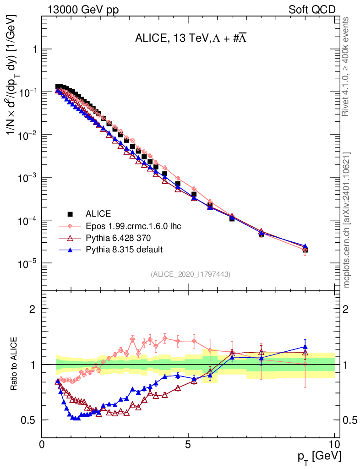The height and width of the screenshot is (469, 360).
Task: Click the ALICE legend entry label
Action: [98, 213]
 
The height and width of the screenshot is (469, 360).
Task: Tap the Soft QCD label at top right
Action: [312, 10]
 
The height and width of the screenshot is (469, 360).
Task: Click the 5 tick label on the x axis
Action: [188, 444]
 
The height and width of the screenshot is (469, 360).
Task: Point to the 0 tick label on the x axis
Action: [42, 444]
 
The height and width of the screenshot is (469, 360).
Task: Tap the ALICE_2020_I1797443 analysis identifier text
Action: [190, 274]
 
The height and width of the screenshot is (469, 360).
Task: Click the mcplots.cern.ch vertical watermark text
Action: [347, 220]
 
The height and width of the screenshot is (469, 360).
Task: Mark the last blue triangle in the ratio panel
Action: [305, 347]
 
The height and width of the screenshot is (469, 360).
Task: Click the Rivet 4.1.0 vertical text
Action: [347, 66]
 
